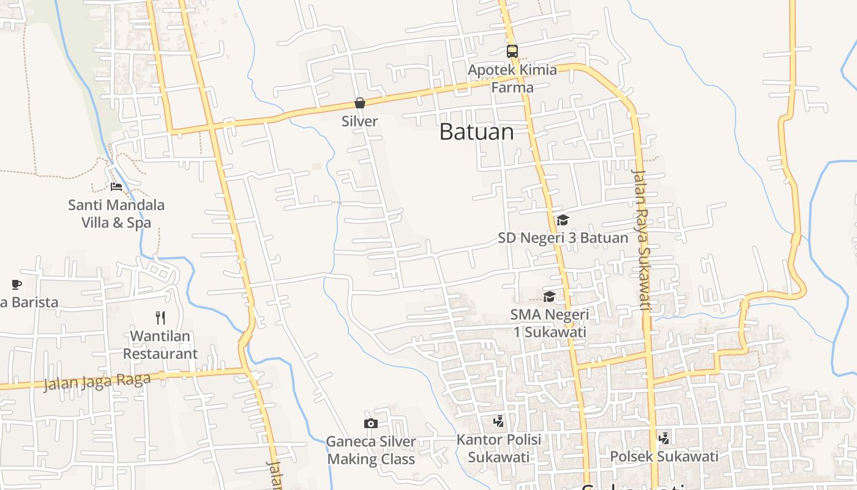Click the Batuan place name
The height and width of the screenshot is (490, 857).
tap(476, 132)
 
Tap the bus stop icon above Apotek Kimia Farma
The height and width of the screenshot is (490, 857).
tap(512, 51)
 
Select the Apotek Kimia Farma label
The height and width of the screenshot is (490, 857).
tap(512, 78)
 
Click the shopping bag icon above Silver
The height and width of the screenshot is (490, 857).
tap(360, 103)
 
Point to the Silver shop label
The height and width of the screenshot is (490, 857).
tap(359, 121)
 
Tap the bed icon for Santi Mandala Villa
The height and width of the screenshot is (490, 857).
tap(116, 187)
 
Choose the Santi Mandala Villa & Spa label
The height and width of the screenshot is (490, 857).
tap(116, 213)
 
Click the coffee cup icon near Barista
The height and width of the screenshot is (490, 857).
tap(17, 284)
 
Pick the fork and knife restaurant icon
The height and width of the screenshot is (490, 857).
tap(160, 317)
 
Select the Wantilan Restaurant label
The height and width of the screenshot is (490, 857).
tap(160, 345)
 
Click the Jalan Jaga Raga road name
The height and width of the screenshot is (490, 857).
tap(97, 382)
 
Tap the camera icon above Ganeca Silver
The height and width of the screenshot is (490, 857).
tap(370, 423)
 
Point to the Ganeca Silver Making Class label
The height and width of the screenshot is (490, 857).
tap(371, 450)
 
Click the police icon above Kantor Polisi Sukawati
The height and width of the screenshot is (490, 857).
tap(499, 421)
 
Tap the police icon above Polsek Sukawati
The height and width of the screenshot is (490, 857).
tap(664, 438)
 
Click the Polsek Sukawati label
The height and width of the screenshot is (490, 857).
tap(664, 456)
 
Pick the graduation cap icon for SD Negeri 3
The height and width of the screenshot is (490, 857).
tap(563, 220)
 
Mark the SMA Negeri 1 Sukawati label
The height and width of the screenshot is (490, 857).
tap(549, 323)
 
